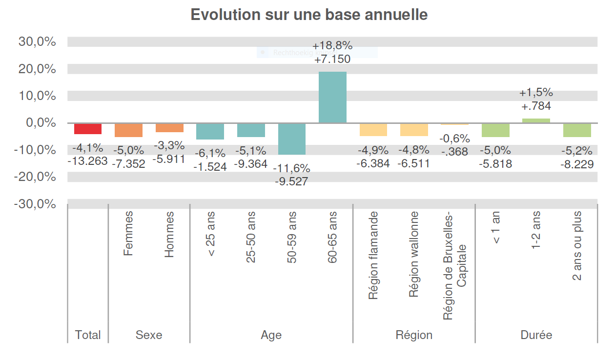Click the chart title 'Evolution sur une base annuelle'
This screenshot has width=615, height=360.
[308, 15]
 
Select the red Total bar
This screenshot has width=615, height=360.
[88, 128]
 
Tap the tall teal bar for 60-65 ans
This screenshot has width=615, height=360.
[332, 97]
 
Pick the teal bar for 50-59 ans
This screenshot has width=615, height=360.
[291, 139]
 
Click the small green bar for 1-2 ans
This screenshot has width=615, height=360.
[536, 120]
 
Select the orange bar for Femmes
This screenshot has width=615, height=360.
[128, 130]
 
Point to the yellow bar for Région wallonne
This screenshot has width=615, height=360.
[414, 129]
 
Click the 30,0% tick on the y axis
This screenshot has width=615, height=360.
[38, 42]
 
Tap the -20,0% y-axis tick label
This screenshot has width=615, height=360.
[35, 177]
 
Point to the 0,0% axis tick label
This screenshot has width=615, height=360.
[41, 123]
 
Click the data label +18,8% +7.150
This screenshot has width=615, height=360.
[332, 53]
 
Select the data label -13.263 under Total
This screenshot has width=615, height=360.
[88, 160]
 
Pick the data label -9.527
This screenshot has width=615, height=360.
[291, 181]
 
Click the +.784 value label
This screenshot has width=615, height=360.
[536, 106]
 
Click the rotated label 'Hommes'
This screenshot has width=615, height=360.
[169, 235]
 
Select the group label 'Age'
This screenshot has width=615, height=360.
[271, 335]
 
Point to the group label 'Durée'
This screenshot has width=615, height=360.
[536, 335]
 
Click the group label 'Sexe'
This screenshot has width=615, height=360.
[149, 335]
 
